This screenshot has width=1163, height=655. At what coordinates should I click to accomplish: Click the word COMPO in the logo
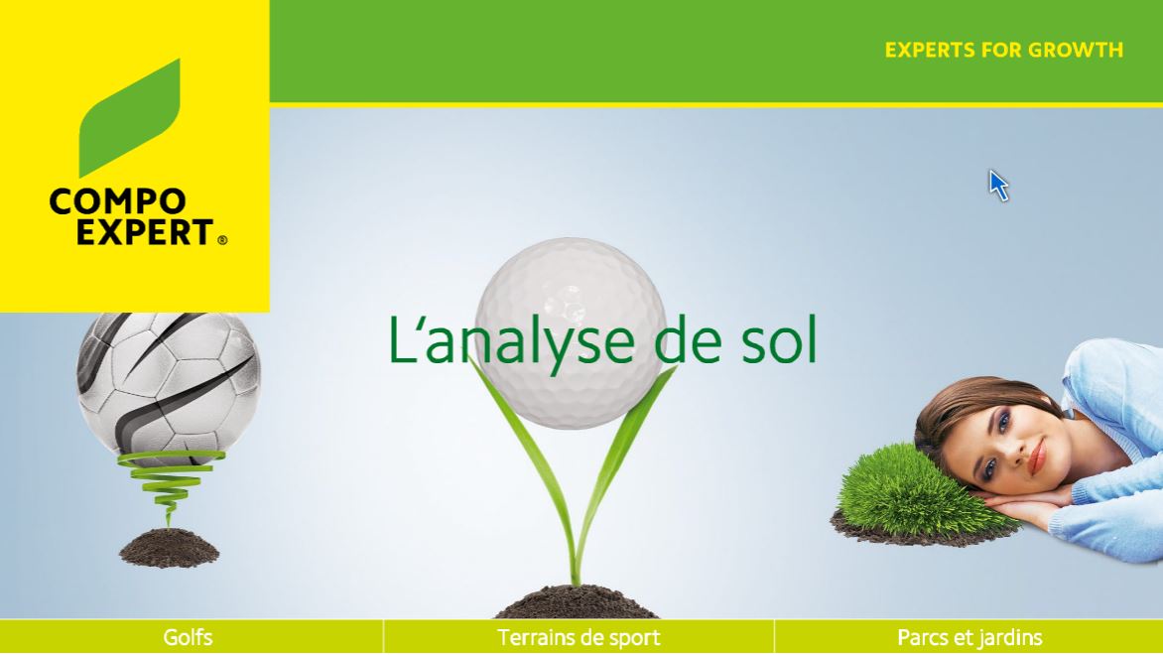pyautogui.click(x=117, y=202)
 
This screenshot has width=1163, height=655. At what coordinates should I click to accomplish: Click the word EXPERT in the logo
pyautogui.click(x=130, y=232)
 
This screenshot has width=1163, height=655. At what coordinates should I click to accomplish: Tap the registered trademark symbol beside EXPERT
pyautogui.click(x=221, y=239)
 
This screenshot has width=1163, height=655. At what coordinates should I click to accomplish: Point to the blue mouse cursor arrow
pyautogui.click(x=997, y=185)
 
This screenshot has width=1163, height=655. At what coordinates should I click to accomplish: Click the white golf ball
pyautogui.click(x=570, y=298)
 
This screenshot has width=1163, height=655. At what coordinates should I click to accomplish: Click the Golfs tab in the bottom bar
pyautogui.click(x=189, y=637)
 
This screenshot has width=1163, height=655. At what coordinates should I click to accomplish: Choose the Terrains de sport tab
pyautogui.click(x=579, y=637)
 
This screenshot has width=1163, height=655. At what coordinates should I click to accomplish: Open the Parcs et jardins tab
pyautogui.click(x=969, y=637)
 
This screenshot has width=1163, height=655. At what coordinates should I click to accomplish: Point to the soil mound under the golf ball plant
pyautogui.click(x=576, y=601)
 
